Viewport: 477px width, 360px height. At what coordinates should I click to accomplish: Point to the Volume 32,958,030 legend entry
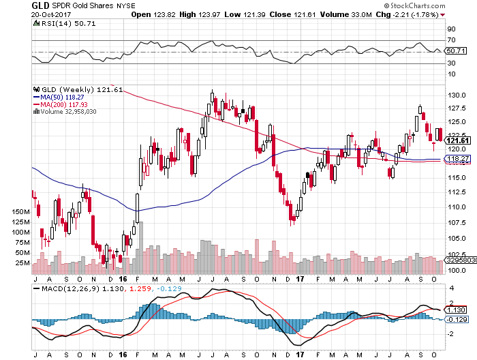click(70, 112)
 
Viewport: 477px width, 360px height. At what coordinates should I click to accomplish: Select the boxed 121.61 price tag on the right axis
click(456, 140)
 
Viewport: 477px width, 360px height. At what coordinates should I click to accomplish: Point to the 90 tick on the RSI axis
click(450, 29)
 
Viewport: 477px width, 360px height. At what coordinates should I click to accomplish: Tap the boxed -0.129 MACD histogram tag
click(457, 319)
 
